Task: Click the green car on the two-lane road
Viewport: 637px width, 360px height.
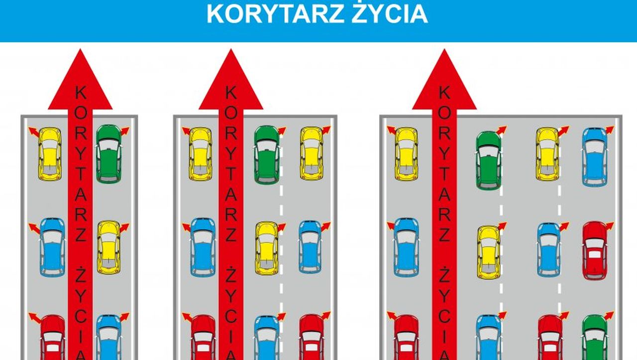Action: pos(109,154)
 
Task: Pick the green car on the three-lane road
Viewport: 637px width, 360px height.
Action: pos(267,155)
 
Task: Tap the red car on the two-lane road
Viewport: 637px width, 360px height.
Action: pos(53,338)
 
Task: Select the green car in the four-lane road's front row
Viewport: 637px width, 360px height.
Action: pos(489,160)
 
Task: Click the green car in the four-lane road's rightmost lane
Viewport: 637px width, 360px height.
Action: pos(595,338)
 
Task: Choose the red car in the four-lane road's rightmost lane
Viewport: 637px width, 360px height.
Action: pos(595,250)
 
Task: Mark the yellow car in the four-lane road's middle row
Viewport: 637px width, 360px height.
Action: pos(489,252)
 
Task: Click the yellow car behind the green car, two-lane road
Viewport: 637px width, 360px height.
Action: pos(108,247)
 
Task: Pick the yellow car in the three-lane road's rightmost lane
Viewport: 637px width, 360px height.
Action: pos(312,153)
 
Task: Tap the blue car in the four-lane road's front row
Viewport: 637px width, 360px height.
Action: pos(595,157)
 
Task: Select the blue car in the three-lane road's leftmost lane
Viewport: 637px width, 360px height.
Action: pos(203,247)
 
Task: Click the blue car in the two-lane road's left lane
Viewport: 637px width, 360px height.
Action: pos(52,247)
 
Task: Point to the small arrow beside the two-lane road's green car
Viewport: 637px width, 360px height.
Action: pos(125,131)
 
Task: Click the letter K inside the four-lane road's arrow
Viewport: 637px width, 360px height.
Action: pos(444,93)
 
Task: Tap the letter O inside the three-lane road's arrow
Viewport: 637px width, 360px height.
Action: pos(231,113)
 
